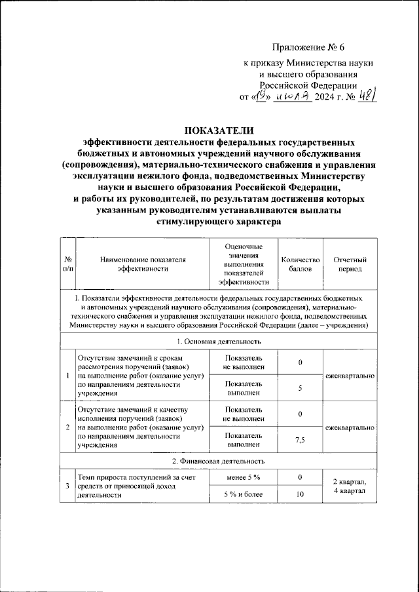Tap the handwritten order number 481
coord(365,97)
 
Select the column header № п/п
coord(68,264)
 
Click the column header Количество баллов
coord(300,264)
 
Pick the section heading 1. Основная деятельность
coord(219,341)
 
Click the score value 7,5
coord(300,439)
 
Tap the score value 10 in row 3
coord(300,494)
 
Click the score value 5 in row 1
coord(300,388)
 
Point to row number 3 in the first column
coord(68,486)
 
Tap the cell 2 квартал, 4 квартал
coord(354,486)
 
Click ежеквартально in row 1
coord(354,376)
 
